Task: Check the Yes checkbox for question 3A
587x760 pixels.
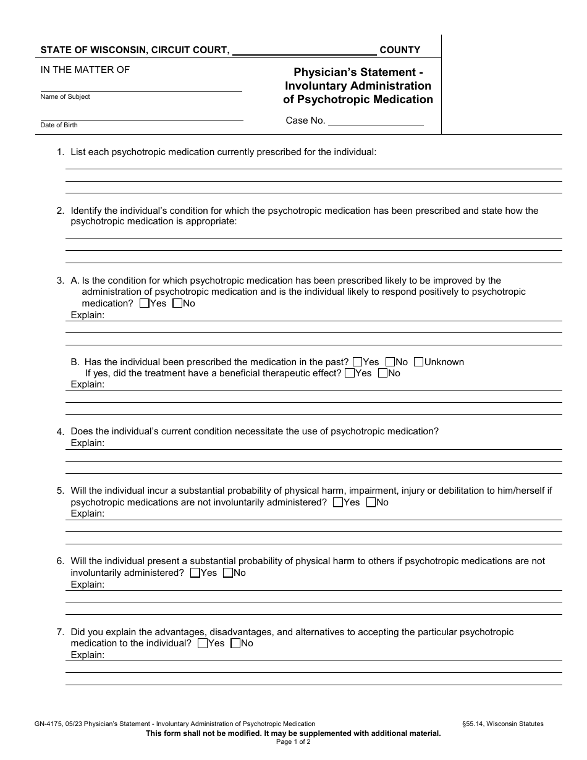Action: click(x=145, y=303)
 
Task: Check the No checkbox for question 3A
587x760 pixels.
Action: click(x=177, y=303)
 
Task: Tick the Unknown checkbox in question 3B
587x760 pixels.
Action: click(x=418, y=362)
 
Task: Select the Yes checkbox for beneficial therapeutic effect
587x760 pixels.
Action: click(x=350, y=373)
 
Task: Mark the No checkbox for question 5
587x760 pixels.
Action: click(x=371, y=502)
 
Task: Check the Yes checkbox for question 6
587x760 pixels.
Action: click(x=195, y=573)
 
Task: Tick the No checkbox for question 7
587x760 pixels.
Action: click(x=235, y=643)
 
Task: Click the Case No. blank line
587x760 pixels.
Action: click(x=375, y=120)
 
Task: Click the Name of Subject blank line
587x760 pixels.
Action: click(x=141, y=87)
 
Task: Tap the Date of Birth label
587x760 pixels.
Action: click(x=59, y=125)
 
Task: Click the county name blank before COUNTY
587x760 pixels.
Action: click(x=304, y=51)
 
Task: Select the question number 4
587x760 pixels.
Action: click(x=60, y=432)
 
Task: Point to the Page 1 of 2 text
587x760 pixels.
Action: click(x=293, y=742)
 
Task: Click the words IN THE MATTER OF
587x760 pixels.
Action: click(x=85, y=70)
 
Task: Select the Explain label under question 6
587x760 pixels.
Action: click(x=88, y=585)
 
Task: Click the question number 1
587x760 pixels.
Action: click(x=60, y=152)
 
